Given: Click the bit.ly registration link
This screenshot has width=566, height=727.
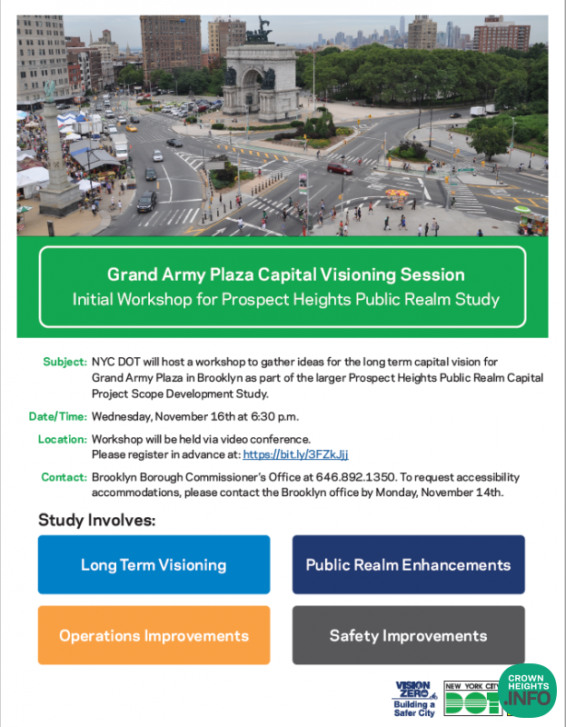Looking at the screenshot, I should (295, 454).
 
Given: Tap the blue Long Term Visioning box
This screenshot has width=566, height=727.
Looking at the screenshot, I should (154, 564).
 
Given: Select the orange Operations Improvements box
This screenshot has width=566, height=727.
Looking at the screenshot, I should (154, 635).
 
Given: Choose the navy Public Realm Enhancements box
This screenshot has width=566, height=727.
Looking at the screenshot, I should (408, 564).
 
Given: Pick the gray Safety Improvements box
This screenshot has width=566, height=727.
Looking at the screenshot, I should (408, 635).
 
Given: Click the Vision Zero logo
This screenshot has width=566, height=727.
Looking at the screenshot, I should (414, 698).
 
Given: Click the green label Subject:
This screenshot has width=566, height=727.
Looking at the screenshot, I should (65, 362).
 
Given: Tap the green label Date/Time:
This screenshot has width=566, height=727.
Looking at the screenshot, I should (58, 417).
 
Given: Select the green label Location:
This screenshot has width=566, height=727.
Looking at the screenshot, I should (63, 440).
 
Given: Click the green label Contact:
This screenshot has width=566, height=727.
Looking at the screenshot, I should (64, 477).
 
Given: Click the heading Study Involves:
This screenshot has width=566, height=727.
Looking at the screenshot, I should (97, 521).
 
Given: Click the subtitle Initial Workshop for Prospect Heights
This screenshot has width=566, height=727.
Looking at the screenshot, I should (286, 299).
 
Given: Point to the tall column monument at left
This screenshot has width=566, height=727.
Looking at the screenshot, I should (57, 150).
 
